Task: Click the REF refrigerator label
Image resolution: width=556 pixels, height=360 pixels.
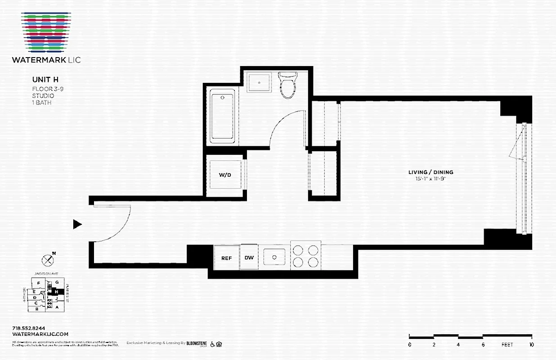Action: (x=226, y=258)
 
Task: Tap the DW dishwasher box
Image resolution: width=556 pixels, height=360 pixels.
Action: (x=249, y=258)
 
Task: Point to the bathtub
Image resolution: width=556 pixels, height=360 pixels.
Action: (x=222, y=116)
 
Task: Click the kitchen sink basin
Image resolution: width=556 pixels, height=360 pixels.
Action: (x=274, y=257)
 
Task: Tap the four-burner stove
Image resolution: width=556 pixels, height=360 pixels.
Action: (x=305, y=256)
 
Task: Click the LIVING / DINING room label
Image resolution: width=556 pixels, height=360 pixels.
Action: (x=430, y=172)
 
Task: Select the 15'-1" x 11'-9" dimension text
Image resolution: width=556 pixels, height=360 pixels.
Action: (x=430, y=179)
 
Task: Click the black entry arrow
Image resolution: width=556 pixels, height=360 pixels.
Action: (x=77, y=224)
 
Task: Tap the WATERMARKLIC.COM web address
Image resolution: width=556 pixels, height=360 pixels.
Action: (x=40, y=334)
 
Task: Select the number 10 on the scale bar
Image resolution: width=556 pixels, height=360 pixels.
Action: (x=531, y=345)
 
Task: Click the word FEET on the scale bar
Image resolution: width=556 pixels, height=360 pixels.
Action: (x=507, y=345)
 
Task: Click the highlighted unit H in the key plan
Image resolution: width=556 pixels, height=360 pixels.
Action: (x=56, y=291)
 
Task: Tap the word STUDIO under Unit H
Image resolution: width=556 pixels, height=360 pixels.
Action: (x=43, y=96)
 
